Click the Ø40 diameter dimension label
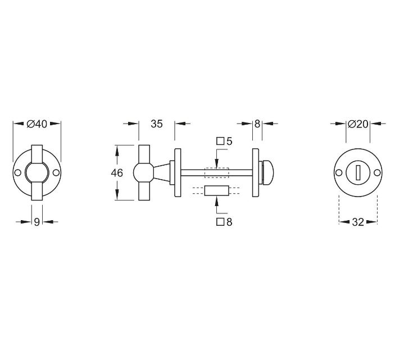[37, 124]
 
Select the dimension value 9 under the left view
[37, 222]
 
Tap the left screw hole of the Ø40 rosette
[18, 173]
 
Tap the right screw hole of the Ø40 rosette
[56, 173]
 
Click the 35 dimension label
[156, 124]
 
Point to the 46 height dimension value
[117, 173]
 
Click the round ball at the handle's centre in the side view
[142, 172]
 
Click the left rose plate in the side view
[178, 172]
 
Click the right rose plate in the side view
[256, 172]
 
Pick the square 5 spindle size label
[225, 141]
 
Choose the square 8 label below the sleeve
[225, 222]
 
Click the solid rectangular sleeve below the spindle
[216, 191]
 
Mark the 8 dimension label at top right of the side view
[257, 124]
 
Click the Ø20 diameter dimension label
[357, 124]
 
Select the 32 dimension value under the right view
[358, 222]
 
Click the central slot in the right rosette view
[358, 173]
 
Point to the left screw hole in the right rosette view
[339, 173]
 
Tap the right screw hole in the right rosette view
[376, 173]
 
